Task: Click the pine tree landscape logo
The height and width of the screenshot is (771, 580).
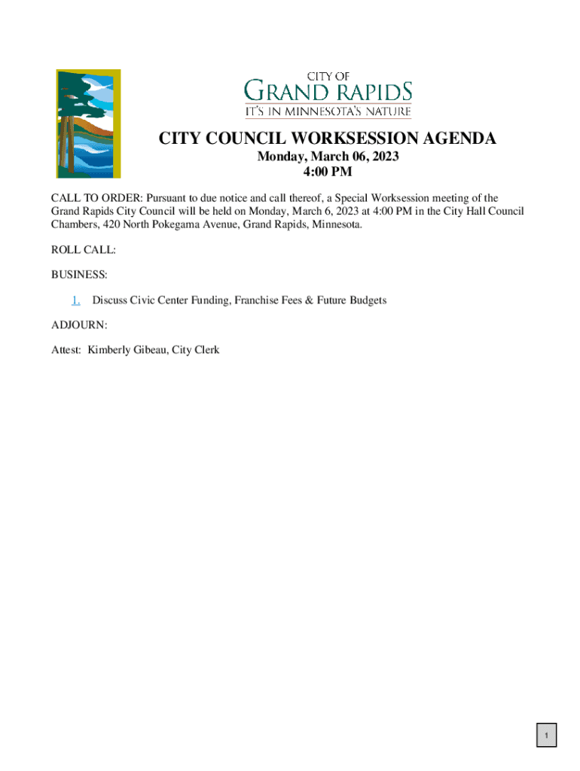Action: tap(88, 123)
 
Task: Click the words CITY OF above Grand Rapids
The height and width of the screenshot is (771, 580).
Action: tap(328, 76)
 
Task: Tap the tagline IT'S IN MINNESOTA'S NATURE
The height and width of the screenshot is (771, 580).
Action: tap(328, 112)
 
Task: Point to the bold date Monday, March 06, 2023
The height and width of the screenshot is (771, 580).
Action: tap(328, 157)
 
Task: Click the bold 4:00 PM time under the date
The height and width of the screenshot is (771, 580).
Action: tap(328, 172)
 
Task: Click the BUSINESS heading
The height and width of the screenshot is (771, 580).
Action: tap(79, 275)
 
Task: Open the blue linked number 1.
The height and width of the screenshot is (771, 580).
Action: tap(76, 300)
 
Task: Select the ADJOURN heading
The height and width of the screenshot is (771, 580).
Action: tap(79, 325)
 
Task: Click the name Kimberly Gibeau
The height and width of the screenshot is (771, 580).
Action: tap(127, 350)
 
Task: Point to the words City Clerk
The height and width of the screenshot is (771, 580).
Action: tap(196, 350)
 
